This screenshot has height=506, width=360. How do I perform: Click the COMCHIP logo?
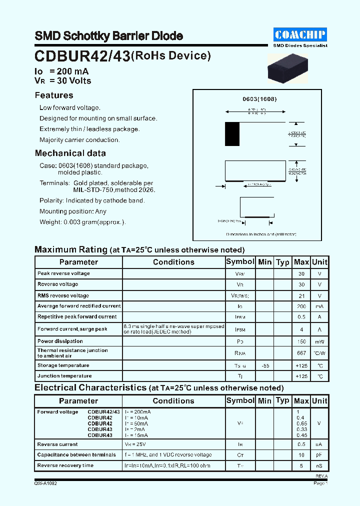[300, 34]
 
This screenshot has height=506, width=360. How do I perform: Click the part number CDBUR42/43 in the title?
[82, 56]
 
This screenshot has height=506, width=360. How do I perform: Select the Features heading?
[54, 95]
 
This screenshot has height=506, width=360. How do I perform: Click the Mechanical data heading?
[70, 153]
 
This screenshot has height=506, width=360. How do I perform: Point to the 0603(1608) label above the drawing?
[259, 99]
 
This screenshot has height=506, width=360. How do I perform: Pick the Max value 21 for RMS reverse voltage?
[301, 295]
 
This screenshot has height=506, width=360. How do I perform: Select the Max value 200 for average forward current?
[301, 306]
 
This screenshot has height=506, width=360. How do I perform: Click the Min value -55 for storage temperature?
[265, 366]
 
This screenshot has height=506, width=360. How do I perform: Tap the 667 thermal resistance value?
[301, 353]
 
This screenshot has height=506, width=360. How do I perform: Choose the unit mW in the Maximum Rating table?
[319, 342]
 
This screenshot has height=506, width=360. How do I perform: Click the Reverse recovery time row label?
[65, 465]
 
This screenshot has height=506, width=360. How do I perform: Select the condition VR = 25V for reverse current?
[135, 444]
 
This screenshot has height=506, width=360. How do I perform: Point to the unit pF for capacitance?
[319, 455]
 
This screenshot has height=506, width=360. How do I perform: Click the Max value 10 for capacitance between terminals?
[301, 455]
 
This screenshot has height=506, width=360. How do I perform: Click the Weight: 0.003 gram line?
[82, 222]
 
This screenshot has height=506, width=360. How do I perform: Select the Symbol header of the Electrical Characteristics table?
[240, 400]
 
